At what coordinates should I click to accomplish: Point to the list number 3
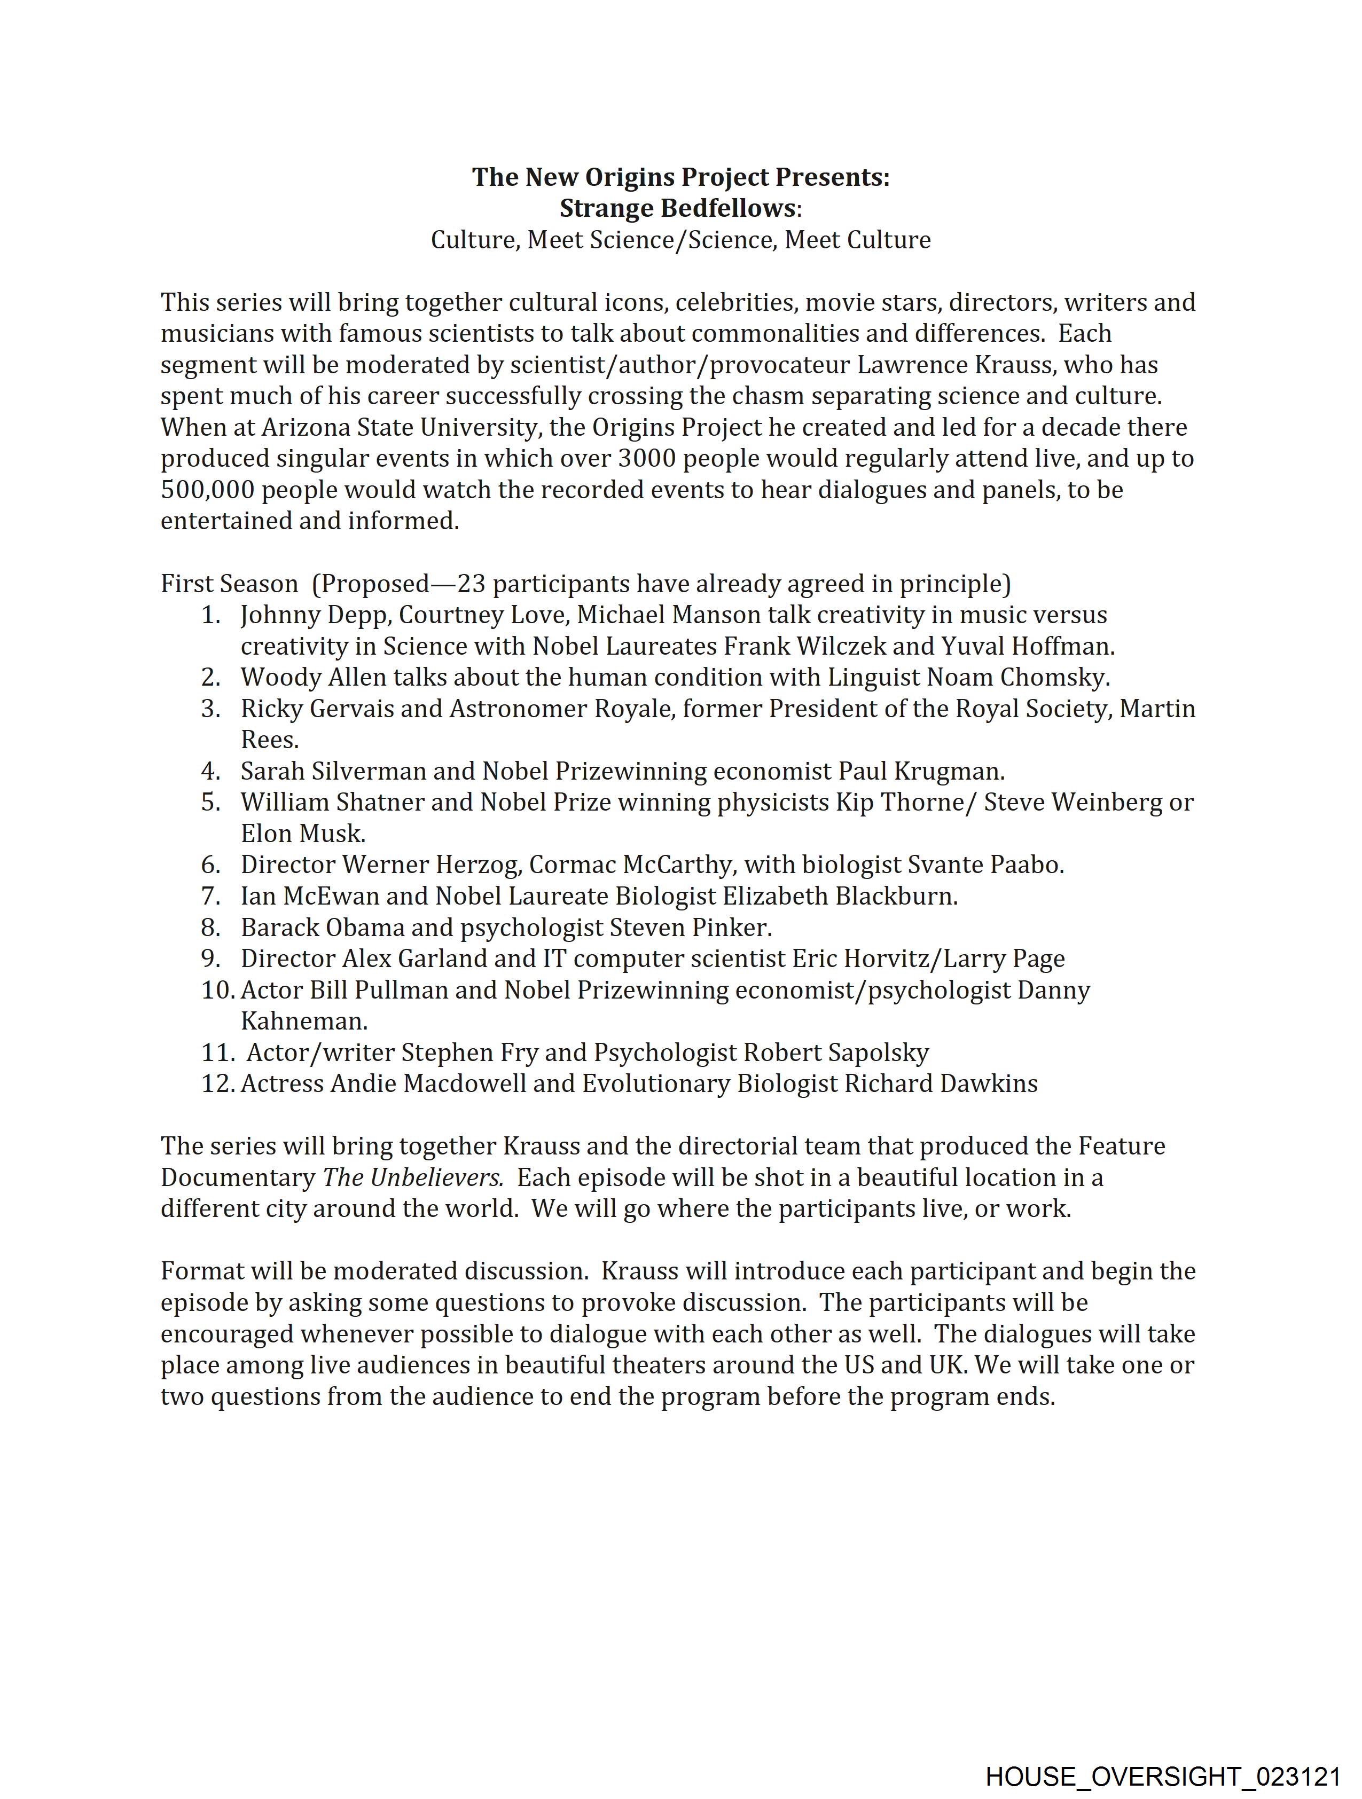coord(211,709)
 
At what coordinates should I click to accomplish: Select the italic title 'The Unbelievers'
coord(412,1177)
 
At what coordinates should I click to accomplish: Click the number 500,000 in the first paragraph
coord(207,490)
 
